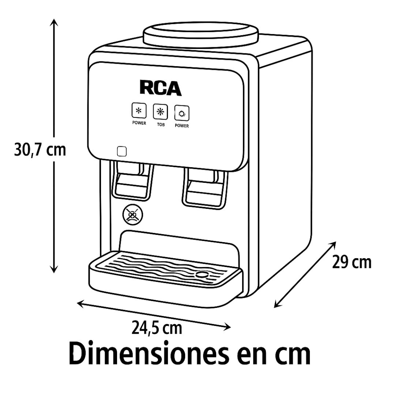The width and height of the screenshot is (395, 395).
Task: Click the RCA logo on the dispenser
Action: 161,88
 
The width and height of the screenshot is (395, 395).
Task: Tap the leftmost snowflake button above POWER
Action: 139,110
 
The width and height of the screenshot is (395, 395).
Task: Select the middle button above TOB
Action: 161,112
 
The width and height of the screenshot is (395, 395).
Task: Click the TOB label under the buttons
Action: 161,124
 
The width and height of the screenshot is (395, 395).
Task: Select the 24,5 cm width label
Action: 157,328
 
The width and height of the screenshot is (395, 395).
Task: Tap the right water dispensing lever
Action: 204,188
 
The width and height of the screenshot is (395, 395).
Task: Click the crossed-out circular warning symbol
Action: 132,215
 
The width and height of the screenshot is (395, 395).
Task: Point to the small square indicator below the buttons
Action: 122,151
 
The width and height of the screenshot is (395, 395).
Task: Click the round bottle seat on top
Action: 201,35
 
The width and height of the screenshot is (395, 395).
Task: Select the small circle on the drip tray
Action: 202,274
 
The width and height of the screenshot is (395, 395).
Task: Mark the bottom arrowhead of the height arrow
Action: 54,269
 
